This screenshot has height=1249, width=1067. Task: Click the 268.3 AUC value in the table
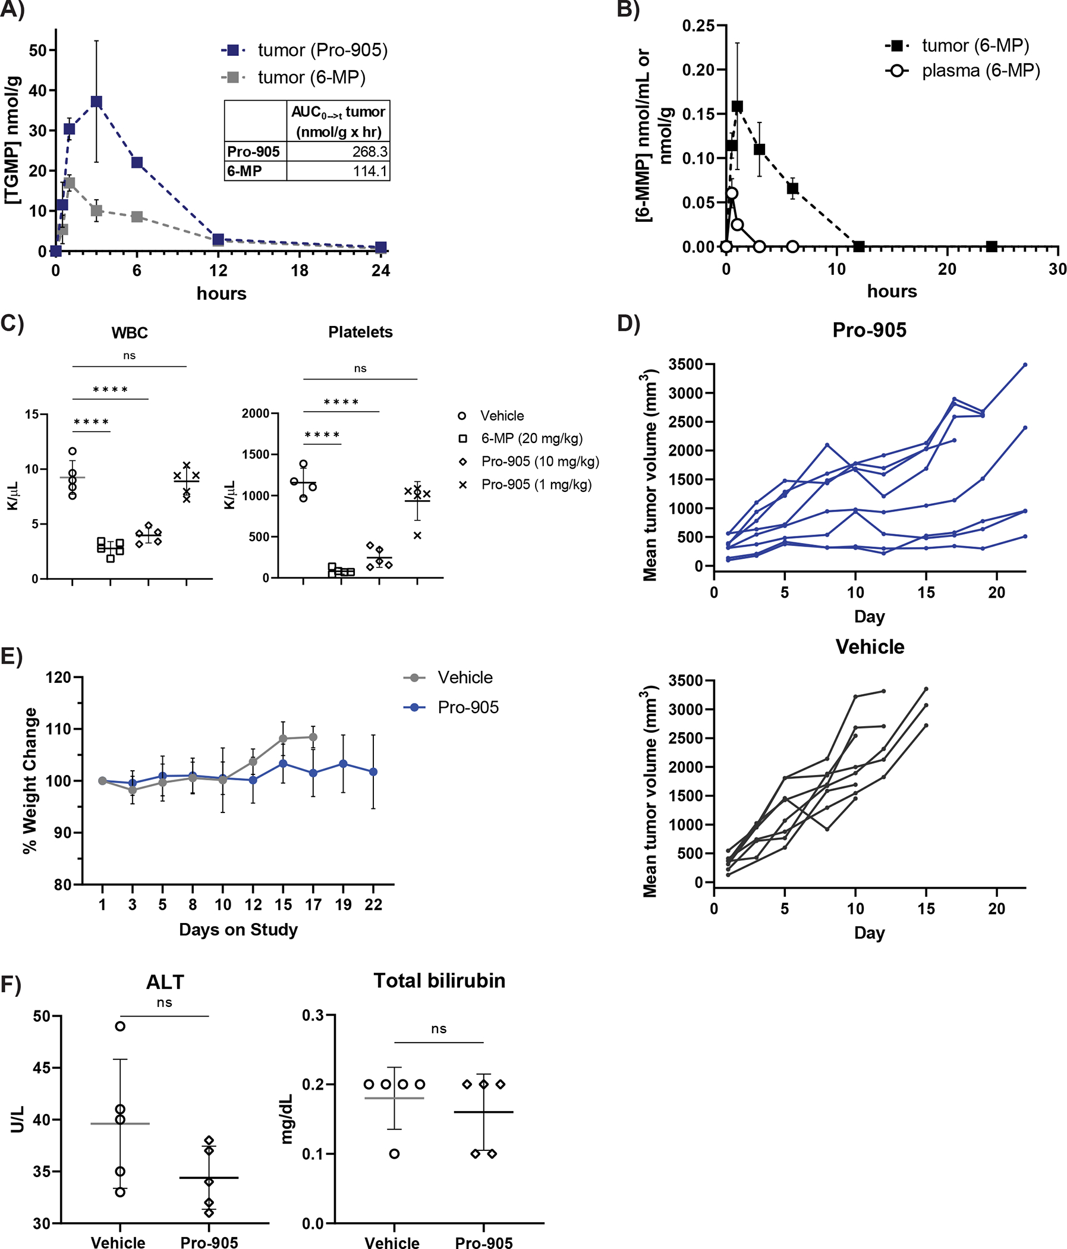(x=369, y=151)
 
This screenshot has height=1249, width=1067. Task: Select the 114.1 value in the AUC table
(x=369, y=171)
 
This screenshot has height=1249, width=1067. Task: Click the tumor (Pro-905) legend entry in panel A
(x=322, y=50)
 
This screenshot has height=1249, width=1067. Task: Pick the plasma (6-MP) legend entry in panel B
(x=980, y=71)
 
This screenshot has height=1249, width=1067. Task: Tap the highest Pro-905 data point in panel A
(x=96, y=101)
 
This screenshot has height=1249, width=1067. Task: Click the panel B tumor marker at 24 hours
(x=992, y=246)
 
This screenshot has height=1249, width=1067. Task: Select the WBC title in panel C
(x=130, y=332)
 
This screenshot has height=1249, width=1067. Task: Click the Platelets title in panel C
(x=360, y=332)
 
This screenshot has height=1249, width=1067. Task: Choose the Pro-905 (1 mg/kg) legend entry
(x=536, y=485)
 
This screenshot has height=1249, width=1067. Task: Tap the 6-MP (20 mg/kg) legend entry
(x=531, y=438)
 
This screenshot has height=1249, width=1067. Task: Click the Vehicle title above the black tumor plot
(x=870, y=647)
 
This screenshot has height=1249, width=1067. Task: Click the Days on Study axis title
(x=238, y=930)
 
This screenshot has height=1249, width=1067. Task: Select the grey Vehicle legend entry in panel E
(x=464, y=677)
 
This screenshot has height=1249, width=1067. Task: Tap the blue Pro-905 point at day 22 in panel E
(x=373, y=771)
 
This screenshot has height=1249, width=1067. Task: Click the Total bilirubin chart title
(x=439, y=981)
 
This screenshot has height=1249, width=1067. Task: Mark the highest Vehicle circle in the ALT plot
(x=120, y=1026)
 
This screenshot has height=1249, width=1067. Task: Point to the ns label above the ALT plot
(x=165, y=1002)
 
